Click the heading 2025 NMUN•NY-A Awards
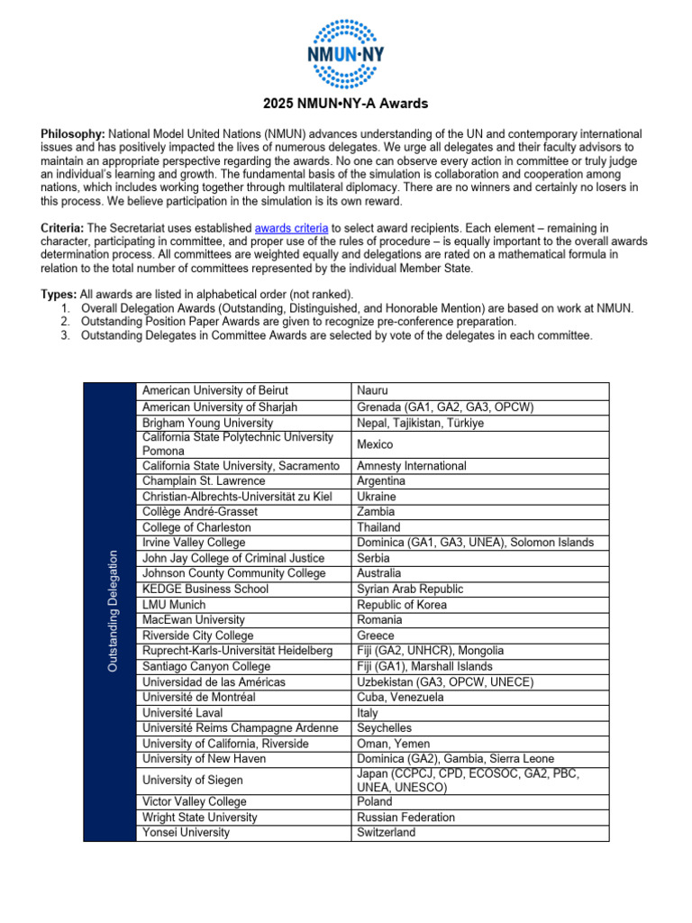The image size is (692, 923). pyautogui.click(x=346, y=104)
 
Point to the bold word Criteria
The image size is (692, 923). pyautogui.click(x=64, y=230)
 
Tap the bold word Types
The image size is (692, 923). pyautogui.click(x=59, y=295)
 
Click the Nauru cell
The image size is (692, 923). pyautogui.click(x=373, y=390)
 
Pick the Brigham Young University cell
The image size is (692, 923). pyautogui.click(x=207, y=422)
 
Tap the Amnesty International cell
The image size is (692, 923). pyautogui.click(x=411, y=466)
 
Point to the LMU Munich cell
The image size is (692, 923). pyautogui.click(x=174, y=605)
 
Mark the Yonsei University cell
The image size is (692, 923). pyautogui.click(x=186, y=833)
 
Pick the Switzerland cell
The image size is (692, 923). pyautogui.click(x=387, y=833)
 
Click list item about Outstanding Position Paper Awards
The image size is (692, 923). pyautogui.click(x=298, y=322)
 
